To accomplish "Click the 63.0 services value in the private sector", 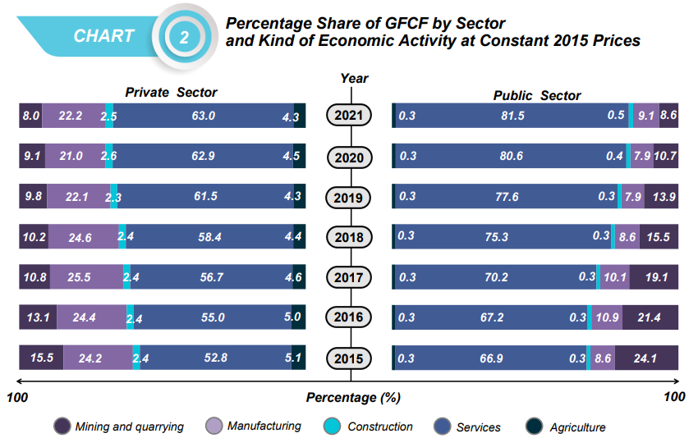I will click(203, 116).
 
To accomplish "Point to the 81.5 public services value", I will click(512, 116).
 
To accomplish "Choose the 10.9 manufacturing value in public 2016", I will click(606, 318).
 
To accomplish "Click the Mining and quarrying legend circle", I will click(62, 426).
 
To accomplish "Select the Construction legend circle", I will click(333, 426).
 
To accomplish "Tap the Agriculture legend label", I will click(577, 427).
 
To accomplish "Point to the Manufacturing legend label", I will click(264, 426).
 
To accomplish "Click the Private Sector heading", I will click(171, 93).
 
